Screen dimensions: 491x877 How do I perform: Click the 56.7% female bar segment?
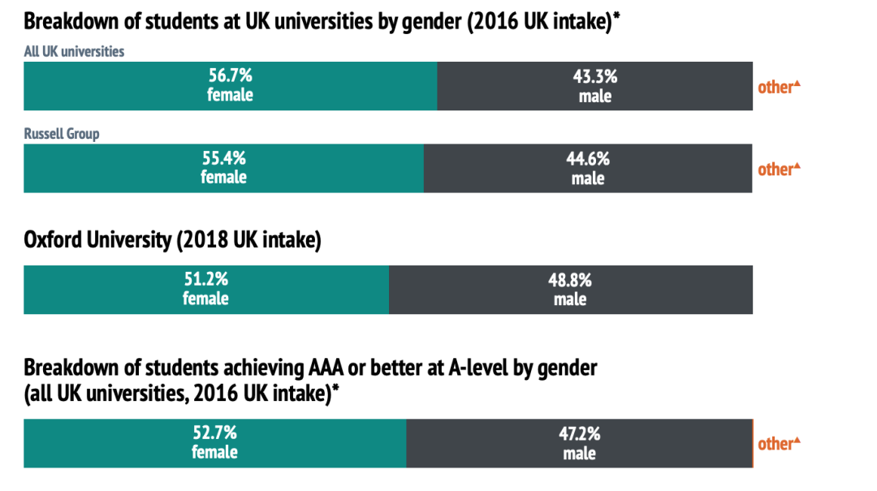[x=230, y=86]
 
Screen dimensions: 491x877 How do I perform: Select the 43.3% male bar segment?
[x=594, y=86]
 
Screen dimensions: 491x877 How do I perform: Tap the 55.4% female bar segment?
[x=223, y=168]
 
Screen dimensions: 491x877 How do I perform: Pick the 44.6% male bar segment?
[x=587, y=168]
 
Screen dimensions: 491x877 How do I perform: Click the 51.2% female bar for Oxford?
[x=205, y=290]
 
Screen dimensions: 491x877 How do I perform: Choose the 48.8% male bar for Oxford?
[x=570, y=290]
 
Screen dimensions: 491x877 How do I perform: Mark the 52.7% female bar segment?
[x=214, y=443]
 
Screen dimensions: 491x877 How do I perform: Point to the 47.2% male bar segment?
[x=579, y=443]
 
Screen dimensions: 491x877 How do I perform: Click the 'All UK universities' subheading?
[x=74, y=51]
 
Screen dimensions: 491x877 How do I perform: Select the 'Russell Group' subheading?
[x=62, y=133]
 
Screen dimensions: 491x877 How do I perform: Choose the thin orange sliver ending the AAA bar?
[x=754, y=443]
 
